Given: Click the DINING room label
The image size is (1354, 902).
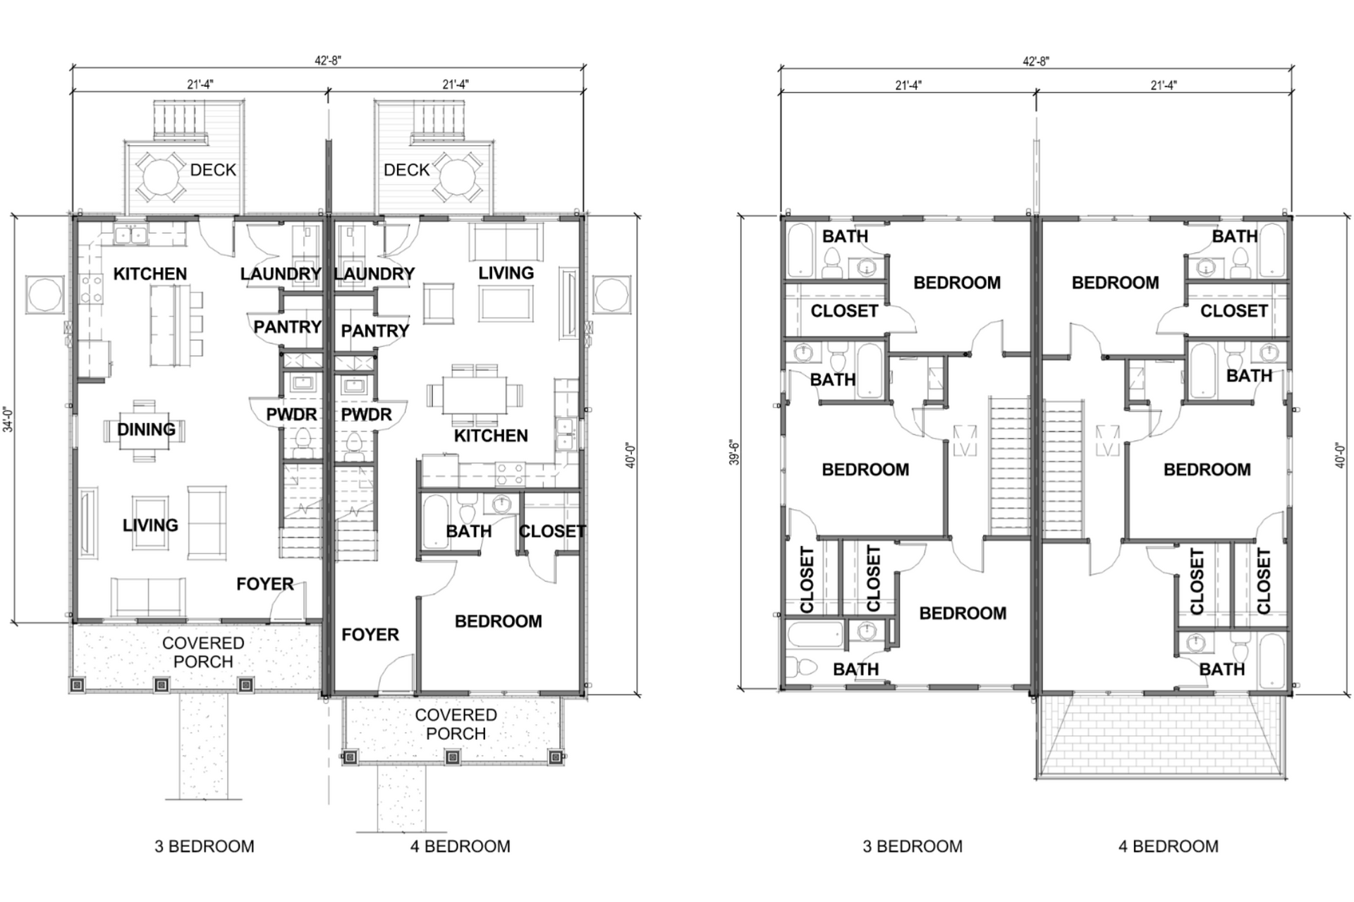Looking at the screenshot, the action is coord(147,429).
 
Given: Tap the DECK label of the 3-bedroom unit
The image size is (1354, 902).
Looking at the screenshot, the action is coord(213,170).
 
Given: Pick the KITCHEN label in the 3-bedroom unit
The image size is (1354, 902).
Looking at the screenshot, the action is coord(150,274).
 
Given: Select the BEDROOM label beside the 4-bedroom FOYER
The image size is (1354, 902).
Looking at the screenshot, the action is coord(499,621).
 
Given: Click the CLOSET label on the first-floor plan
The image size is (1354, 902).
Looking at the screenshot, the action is coord(553,531).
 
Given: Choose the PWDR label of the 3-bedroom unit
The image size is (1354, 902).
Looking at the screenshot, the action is coord(291,415).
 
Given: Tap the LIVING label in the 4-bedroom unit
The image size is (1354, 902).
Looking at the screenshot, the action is coord(506,273).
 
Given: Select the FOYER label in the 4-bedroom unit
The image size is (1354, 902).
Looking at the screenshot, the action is coord(370,635).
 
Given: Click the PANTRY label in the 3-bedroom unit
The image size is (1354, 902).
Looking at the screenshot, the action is coord(287,327).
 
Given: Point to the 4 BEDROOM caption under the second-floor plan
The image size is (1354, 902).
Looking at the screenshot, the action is coord(1168,846).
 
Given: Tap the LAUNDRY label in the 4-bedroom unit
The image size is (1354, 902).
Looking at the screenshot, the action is coord(374,274).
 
